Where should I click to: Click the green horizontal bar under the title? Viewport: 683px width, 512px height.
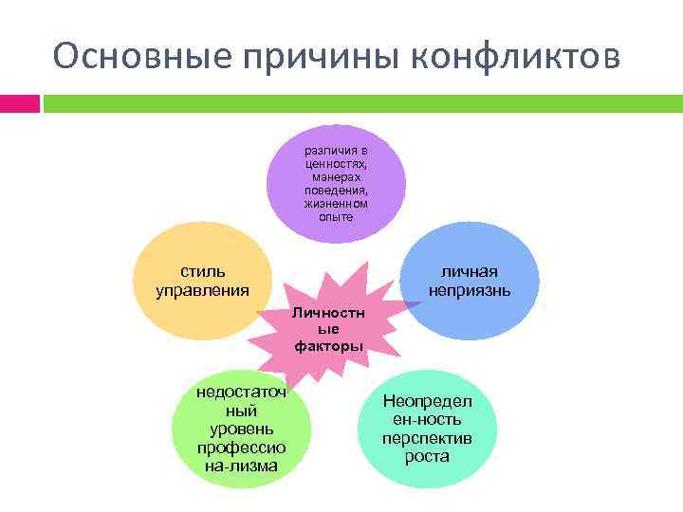(360, 102)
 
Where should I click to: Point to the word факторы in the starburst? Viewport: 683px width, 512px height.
(328, 346)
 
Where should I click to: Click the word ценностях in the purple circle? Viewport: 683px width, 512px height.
(336, 164)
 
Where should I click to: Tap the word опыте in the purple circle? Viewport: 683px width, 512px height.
(336, 217)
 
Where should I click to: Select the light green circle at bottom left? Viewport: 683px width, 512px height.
(241, 431)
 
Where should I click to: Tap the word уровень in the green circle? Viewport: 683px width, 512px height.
(241, 430)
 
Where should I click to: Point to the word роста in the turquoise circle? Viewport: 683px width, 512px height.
(426, 456)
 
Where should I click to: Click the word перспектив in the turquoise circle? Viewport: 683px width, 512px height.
(426, 438)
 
